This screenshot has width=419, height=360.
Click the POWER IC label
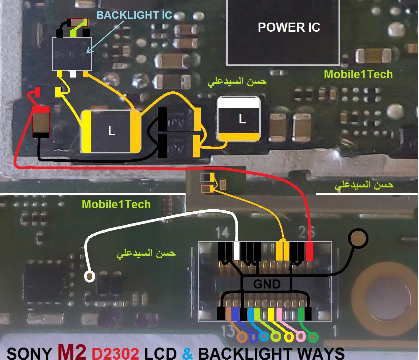289,27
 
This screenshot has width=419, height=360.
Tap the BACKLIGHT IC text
134,15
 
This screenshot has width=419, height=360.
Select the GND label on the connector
266,284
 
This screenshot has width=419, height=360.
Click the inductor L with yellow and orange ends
111,131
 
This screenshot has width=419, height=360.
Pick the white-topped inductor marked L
239,119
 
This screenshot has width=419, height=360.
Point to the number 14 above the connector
222,232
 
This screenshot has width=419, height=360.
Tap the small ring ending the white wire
90,277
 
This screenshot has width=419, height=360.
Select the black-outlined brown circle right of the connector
358,238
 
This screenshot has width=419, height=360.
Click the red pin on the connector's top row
309,251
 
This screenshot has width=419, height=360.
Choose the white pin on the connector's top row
237,251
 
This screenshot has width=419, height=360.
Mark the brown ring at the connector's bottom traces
241,337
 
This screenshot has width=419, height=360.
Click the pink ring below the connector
300,336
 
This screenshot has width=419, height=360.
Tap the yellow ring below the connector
289,337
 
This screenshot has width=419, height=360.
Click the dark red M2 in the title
71,351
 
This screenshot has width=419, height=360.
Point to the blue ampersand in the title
188,353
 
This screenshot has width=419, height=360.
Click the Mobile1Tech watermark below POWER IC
358,74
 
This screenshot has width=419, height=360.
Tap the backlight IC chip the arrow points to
72,54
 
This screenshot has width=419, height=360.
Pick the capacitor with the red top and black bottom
41,122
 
